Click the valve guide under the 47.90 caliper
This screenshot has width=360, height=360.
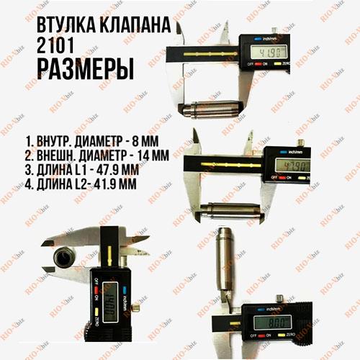223,212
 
